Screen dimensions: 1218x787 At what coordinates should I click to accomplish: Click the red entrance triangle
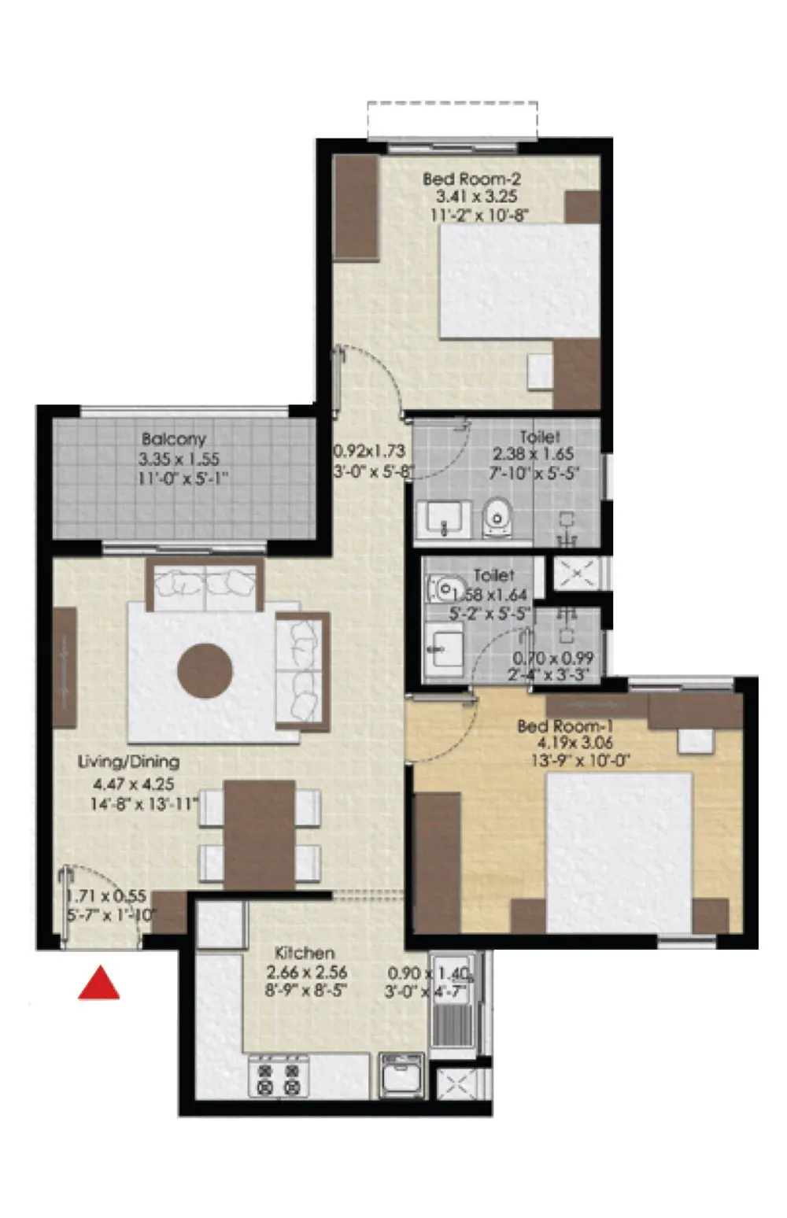click(x=98, y=984)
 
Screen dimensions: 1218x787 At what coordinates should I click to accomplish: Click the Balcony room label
click(x=173, y=439)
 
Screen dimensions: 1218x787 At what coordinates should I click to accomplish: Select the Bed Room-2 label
click(x=471, y=179)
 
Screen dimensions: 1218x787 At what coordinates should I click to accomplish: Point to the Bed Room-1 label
click(x=564, y=726)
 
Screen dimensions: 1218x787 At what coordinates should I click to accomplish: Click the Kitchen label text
click(x=305, y=954)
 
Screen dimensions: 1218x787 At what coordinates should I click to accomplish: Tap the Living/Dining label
click(x=128, y=762)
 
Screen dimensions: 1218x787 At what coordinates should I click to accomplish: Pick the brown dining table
click(x=259, y=834)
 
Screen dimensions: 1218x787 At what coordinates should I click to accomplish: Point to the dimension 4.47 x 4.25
click(x=133, y=784)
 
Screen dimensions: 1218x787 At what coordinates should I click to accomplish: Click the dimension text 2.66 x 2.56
click(x=306, y=973)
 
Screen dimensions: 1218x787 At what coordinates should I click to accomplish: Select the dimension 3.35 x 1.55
click(x=179, y=459)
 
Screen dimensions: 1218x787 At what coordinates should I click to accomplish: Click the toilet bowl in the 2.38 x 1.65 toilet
click(x=497, y=515)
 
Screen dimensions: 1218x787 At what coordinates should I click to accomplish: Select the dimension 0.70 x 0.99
click(x=553, y=659)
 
